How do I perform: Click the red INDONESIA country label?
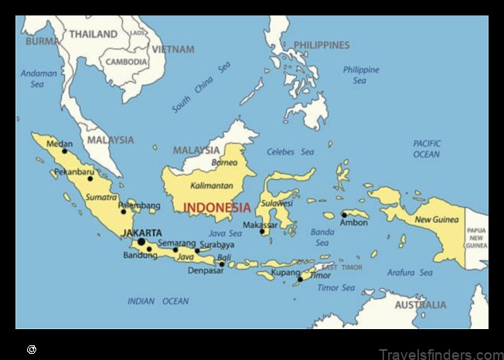pos(217,208)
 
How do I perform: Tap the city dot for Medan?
pos(65,151)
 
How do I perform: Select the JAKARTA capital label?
pos(142,233)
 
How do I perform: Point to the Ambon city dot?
pos(344,215)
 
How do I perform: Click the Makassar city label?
pos(260,225)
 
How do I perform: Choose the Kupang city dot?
pos(301,279)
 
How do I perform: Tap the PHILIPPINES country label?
pos(322,46)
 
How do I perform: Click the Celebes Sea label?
pos(291,152)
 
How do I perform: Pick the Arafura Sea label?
pos(410,273)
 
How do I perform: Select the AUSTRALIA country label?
pos(421,305)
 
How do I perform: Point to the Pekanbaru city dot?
pos(90,178)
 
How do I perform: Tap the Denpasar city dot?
pos(222,264)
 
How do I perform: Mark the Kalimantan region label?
pos(211,186)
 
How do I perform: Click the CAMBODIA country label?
pos(126,62)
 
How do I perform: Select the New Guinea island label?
pos(437,220)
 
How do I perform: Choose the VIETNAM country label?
pos(173,49)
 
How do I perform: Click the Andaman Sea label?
pos(39,79)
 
